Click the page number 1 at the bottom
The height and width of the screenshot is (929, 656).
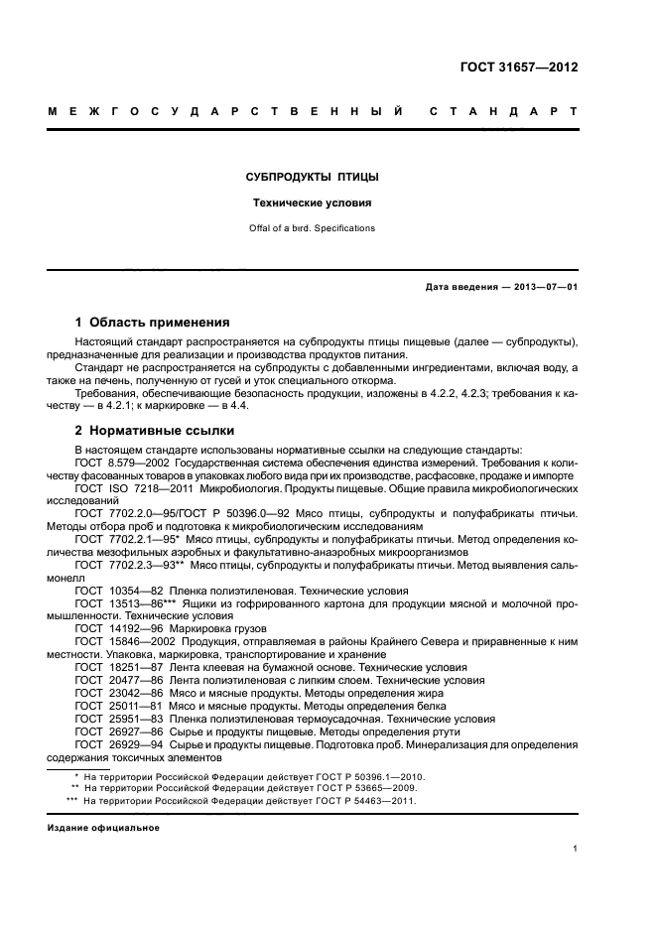576,849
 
